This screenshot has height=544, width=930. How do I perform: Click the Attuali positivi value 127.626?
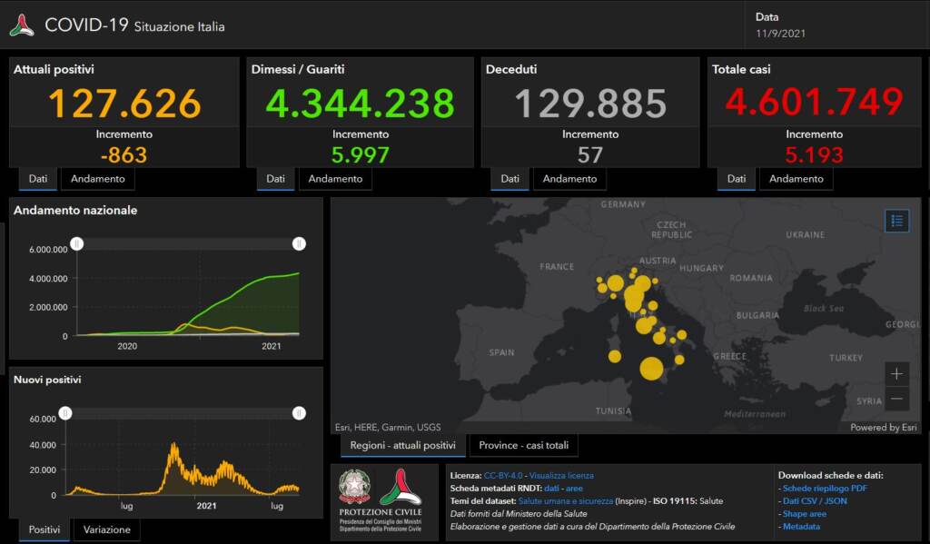124,103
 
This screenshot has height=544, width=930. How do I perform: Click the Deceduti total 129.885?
590,103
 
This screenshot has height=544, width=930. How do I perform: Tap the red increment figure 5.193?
814,154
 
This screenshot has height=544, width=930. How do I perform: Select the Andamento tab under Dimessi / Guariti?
335,179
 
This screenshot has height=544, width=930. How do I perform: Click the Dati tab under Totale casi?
737,179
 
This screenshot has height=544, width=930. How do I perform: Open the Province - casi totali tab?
523,446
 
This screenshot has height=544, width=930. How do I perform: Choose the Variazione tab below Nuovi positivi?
106,529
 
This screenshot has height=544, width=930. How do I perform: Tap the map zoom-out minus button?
896,398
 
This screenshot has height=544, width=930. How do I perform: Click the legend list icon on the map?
896,221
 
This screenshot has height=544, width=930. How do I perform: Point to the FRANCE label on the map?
557,267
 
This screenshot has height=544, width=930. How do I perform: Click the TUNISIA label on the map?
613,411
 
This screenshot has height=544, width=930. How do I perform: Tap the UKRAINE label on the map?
805,234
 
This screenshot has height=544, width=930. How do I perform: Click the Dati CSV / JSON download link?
815,500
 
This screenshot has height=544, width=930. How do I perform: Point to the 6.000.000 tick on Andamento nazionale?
48,250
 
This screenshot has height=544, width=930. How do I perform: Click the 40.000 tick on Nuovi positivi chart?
42,445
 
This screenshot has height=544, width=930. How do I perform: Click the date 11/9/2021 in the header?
780,34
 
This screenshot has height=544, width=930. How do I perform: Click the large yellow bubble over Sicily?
651,369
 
